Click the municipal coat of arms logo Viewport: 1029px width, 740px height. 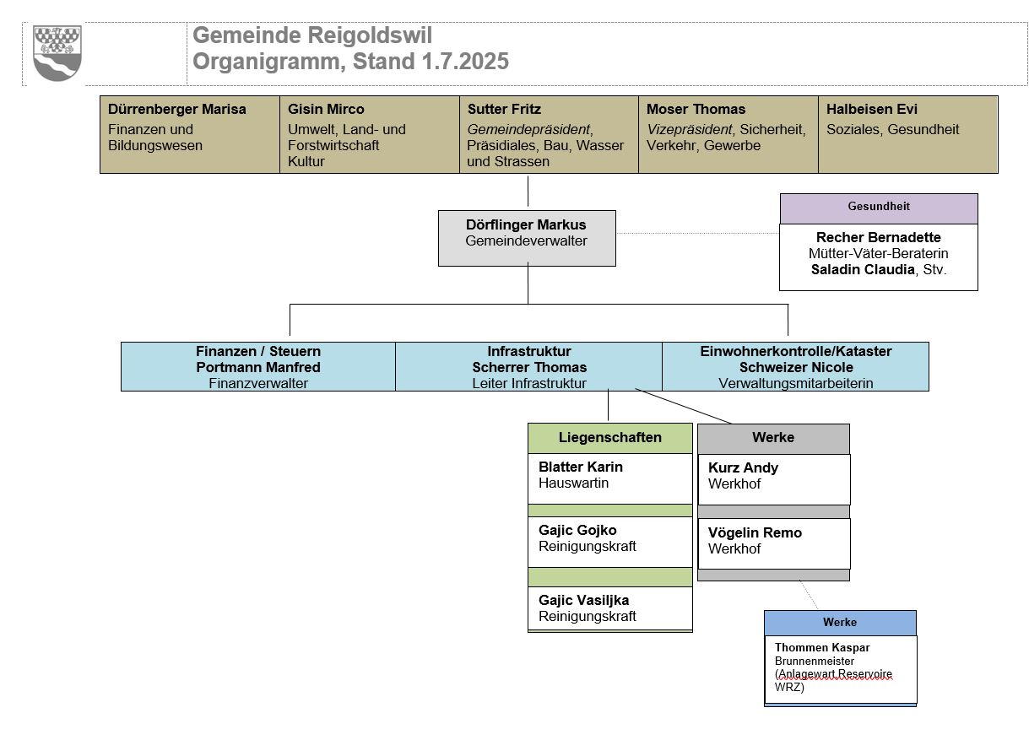tap(57, 53)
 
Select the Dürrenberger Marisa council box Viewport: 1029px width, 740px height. tap(189, 134)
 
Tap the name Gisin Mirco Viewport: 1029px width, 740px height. tap(326, 110)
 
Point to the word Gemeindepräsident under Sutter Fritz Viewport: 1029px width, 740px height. tap(528, 130)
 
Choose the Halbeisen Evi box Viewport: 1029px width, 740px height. tap(907, 134)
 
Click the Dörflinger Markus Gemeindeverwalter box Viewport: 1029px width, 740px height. tap(527, 238)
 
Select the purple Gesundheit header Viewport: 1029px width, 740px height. tap(878, 208)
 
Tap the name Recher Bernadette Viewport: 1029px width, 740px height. tap(878, 238)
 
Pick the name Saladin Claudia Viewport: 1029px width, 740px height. tap(860, 270)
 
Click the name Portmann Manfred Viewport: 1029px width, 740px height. tap(258, 367)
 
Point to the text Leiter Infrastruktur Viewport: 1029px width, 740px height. tap(528, 383)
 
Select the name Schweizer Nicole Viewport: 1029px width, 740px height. tap(795, 367)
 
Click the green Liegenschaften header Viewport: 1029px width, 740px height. tap(609, 438)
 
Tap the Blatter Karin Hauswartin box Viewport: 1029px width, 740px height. tap(609, 478)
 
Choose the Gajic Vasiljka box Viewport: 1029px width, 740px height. tap(609, 608)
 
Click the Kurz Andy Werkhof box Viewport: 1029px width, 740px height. tap(773, 478)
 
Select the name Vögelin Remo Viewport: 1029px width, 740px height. tap(755, 533)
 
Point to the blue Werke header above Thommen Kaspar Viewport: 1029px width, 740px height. tap(840, 623)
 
